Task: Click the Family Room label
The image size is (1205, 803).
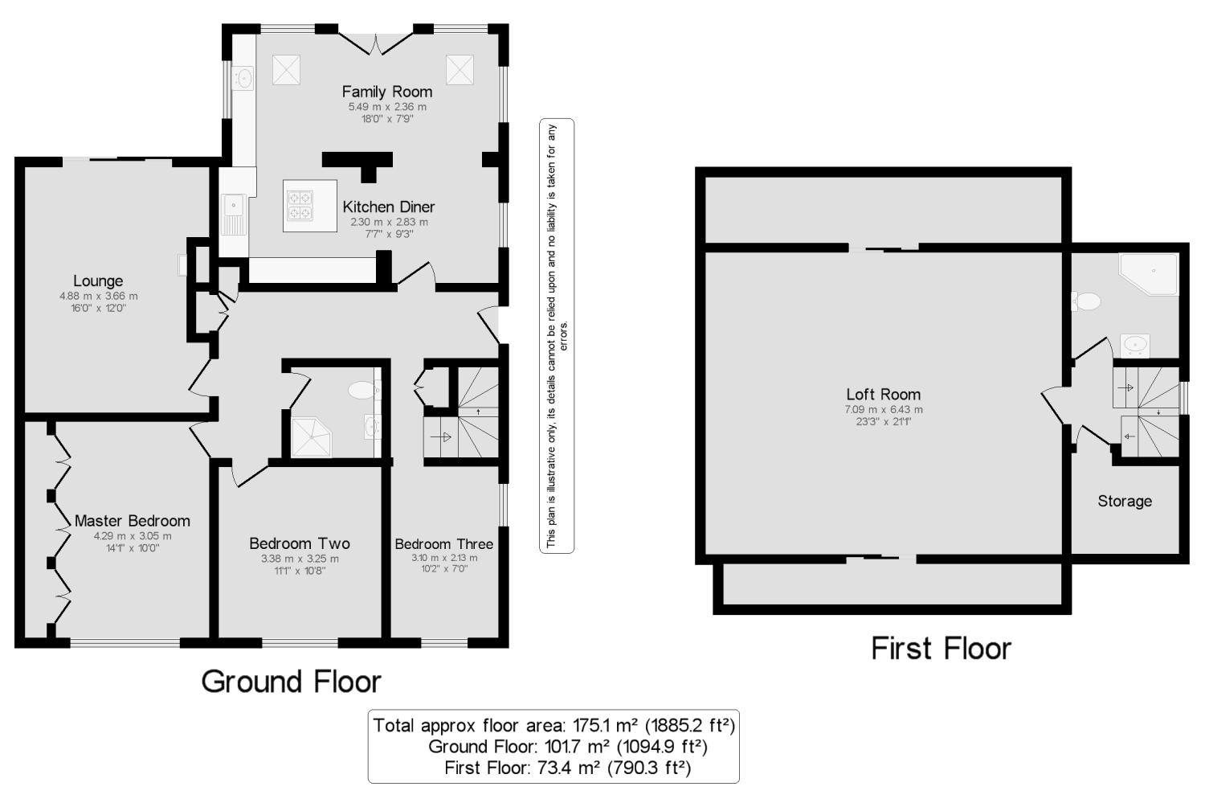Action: coord(386,92)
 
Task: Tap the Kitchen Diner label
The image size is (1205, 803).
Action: coord(388,207)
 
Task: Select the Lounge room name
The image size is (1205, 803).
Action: coord(98,281)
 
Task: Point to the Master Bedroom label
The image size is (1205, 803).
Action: coord(133,521)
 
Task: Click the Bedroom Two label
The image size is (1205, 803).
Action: coord(300,543)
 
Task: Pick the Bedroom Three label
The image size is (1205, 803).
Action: coord(443,544)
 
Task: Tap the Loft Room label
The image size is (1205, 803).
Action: coord(884,395)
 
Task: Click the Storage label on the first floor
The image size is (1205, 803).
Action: coord(1125,501)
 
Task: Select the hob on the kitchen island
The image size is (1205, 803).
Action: coord(300,206)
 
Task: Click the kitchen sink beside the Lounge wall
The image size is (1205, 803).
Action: coord(234,214)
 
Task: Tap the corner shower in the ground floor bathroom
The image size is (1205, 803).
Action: coord(312,437)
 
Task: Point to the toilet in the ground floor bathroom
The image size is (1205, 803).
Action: coord(364,390)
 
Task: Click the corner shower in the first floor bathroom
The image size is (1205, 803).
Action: coord(1148,274)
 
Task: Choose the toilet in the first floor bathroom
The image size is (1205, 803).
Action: coord(1086,301)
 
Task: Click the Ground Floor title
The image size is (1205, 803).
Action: coord(291,682)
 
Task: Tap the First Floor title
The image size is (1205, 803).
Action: coord(941,649)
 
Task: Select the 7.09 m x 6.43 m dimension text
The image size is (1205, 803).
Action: coord(884,410)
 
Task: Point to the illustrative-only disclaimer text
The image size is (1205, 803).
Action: coord(557,336)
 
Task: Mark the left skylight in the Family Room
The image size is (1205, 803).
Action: coord(286,70)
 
